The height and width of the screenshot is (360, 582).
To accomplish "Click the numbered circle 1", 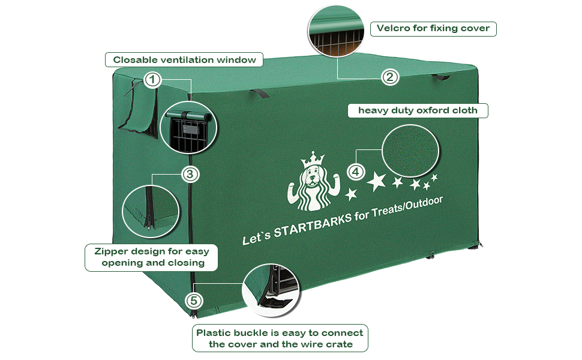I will point(153,80).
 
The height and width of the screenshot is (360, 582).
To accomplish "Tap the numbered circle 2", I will point(390,76).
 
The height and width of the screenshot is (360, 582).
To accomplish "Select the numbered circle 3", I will point(190,175).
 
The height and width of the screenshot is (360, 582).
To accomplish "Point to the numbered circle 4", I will point(356,172).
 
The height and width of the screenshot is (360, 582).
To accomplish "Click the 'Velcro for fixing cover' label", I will point(433,28).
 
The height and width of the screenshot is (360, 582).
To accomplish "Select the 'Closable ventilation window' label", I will point(184,59).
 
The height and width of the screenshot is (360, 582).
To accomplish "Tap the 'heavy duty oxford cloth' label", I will point(418,110).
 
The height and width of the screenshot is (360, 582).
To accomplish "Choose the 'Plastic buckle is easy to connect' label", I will point(280,338).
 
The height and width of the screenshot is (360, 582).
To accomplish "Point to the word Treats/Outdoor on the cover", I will point(408,206).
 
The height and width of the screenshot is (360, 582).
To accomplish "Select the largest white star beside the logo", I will point(376,181).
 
